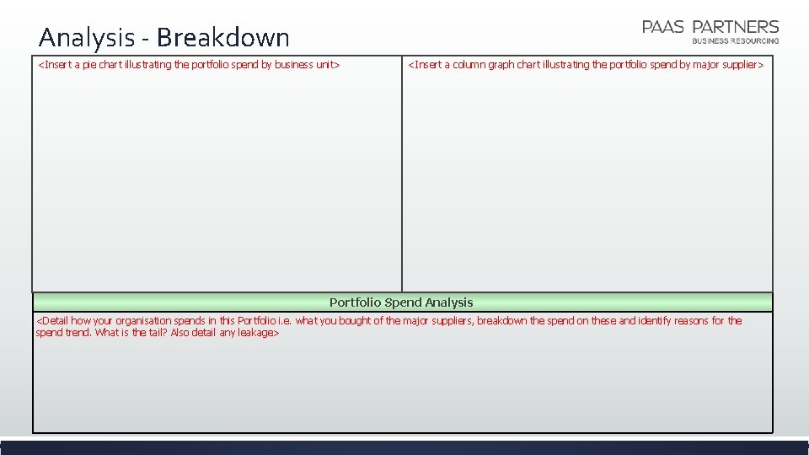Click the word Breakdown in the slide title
(222, 37)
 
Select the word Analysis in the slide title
(86, 37)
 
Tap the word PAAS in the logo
(662, 27)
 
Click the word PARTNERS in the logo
(735, 27)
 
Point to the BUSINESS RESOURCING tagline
(735, 40)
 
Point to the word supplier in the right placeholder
(739, 65)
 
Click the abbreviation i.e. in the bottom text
(285, 321)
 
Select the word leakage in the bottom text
(254, 333)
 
